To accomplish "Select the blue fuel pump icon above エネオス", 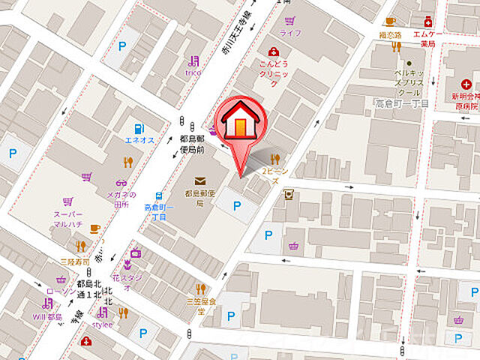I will pyautogui.click(x=139, y=128).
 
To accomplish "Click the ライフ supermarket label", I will pyautogui.click(x=289, y=34).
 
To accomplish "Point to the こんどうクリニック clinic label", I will pyautogui.click(x=274, y=68).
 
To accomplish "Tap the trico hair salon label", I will pyautogui.click(x=194, y=73).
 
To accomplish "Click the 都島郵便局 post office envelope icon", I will pyautogui.click(x=200, y=181).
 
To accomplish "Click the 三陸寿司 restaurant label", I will pyautogui.click(x=75, y=262).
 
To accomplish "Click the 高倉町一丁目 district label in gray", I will pyautogui.click(x=402, y=102).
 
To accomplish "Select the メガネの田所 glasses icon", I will pyautogui.click(x=121, y=183).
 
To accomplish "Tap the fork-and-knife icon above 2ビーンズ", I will pyautogui.click(x=276, y=158).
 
